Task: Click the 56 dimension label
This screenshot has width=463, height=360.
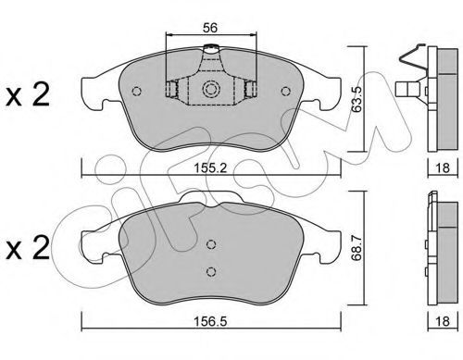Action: (210, 28)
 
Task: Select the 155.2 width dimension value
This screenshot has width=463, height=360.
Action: (210, 168)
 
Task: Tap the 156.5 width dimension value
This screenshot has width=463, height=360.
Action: (210, 321)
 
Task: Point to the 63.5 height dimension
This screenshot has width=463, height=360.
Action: (357, 99)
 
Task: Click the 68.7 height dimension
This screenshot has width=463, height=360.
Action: (357, 248)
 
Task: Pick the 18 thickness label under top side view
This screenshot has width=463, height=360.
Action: (443, 168)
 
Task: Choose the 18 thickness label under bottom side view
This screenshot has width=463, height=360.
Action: (443, 321)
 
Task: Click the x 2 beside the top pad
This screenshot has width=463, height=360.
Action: (28, 95)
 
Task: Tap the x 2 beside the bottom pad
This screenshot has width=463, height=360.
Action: (28, 248)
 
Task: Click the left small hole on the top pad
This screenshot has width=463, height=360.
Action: (136, 91)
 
